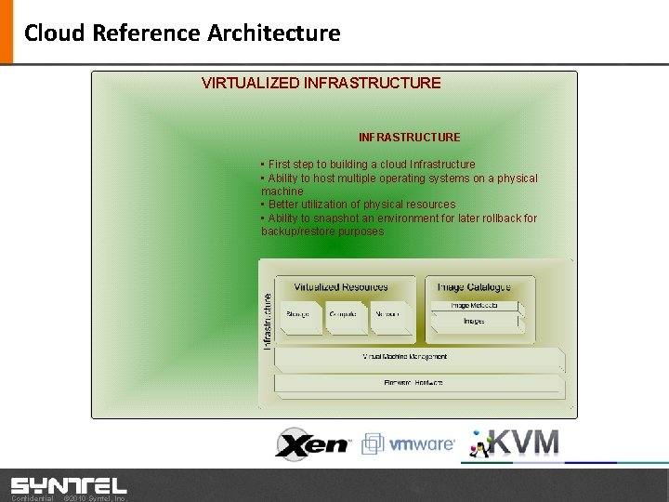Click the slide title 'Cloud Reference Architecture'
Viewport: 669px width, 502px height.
(x=182, y=33)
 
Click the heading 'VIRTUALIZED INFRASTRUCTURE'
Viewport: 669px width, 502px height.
(x=321, y=83)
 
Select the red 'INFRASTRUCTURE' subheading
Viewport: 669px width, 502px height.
(x=409, y=138)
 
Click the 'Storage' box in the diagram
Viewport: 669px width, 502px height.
(x=298, y=316)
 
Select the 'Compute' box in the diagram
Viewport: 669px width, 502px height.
(x=343, y=316)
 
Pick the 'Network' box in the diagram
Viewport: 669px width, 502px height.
(x=387, y=316)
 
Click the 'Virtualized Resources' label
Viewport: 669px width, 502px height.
(x=341, y=287)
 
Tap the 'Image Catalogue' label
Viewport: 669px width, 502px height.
(x=474, y=287)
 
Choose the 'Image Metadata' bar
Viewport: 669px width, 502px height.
(x=474, y=306)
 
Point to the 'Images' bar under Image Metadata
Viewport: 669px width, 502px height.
(x=474, y=322)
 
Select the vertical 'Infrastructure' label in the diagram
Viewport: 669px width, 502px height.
(x=268, y=322)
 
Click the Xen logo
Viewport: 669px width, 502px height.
(x=312, y=443)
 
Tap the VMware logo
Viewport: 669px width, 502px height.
(x=409, y=444)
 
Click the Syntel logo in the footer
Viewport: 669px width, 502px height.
(x=69, y=485)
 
